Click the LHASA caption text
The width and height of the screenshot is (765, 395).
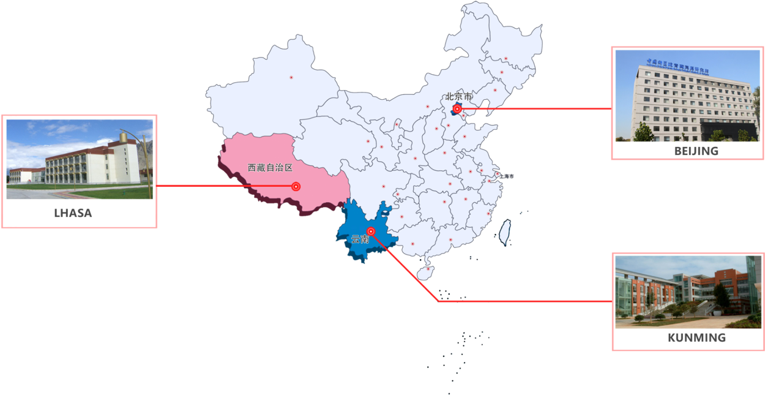[x=73, y=213]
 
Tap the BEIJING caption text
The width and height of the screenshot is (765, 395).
[x=696, y=151]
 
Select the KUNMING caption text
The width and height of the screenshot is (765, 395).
[x=696, y=337]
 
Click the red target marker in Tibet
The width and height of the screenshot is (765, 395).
[x=296, y=186]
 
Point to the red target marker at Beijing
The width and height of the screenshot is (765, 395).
[x=457, y=109]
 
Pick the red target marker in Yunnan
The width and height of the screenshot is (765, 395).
[x=371, y=231]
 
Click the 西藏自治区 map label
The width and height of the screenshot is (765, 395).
[x=271, y=167]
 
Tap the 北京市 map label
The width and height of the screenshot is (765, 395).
[x=459, y=96]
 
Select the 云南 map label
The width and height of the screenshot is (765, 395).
[x=360, y=239]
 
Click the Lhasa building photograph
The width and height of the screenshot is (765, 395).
[x=80, y=159]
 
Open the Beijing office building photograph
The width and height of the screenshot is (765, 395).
[x=688, y=96]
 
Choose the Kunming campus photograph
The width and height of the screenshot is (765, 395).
[x=688, y=292]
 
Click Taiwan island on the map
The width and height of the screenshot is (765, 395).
[x=506, y=233]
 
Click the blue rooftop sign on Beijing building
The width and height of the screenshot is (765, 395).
[x=677, y=66]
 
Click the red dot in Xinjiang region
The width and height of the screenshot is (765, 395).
[x=291, y=78]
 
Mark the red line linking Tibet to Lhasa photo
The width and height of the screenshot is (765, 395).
[x=226, y=186]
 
